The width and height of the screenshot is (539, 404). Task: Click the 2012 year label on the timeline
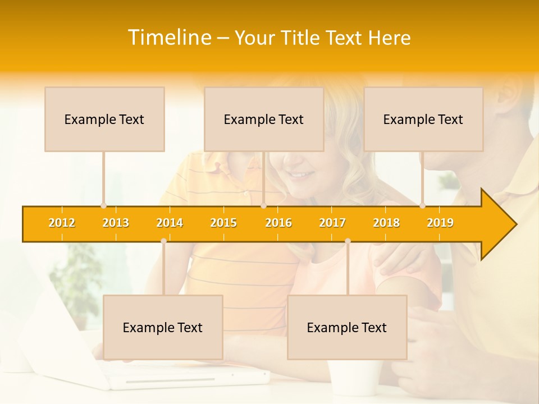click(x=62, y=223)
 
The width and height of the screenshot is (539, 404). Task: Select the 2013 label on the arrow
click(x=116, y=223)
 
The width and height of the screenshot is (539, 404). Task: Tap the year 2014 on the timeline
click(x=170, y=223)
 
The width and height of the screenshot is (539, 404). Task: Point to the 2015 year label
click(x=223, y=223)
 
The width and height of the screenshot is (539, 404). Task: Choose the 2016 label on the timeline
click(x=278, y=223)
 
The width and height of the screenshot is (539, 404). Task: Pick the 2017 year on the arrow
click(x=332, y=223)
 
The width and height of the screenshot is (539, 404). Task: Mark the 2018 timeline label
click(x=386, y=223)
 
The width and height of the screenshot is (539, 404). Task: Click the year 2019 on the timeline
click(x=440, y=223)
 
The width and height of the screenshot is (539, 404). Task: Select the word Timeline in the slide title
click(x=168, y=38)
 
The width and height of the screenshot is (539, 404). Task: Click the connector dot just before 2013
click(x=103, y=205)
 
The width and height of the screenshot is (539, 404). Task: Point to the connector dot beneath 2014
click(x=163, y=241)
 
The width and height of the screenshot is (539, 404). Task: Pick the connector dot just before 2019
click(x=423, y=205)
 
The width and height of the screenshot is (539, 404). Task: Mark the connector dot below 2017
click(x=348, y=241)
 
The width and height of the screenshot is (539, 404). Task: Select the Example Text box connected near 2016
click(x=264, y=119)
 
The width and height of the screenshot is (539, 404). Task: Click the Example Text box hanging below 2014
click(x=163, y=327)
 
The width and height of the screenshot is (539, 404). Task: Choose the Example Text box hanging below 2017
click(x=347, y=327)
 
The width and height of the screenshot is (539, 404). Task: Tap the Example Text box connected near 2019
click(x=423, y=119)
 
